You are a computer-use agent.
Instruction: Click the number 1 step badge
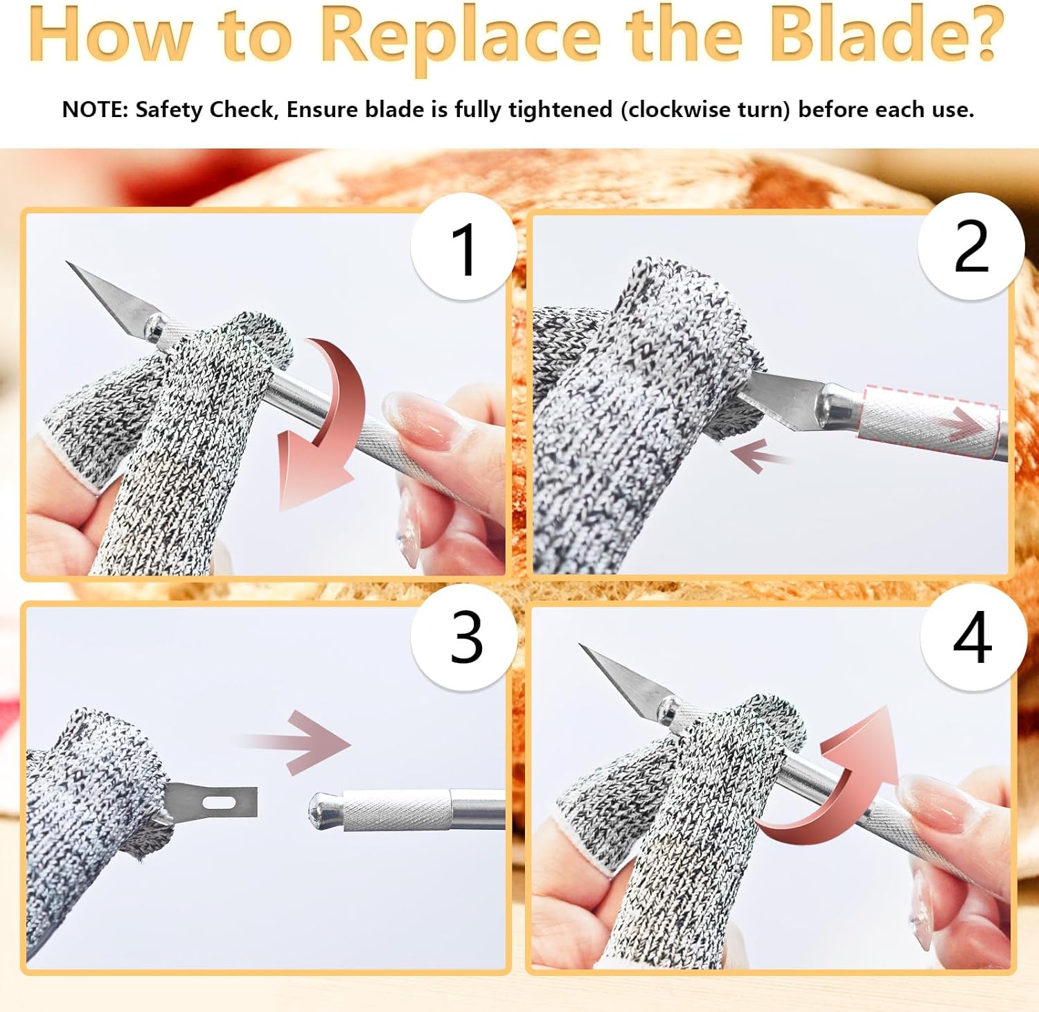tap(463, 247)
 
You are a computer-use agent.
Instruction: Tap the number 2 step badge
tap(971, 246)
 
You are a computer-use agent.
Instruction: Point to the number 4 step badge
tap(973, 637)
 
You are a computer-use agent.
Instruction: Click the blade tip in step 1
tap(67, 263)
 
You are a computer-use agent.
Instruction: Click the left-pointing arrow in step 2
tap(759, 456)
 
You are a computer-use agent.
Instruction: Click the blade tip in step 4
tap(581, 646)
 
